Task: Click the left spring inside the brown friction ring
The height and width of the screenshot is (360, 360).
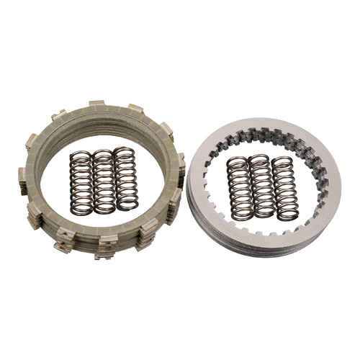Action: (81, 183)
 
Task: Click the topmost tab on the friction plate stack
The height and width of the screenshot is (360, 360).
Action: (96, 105)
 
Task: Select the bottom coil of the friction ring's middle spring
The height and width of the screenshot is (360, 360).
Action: (104, 210)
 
